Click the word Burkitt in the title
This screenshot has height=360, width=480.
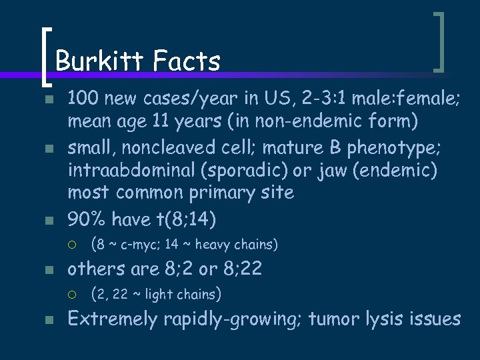100,61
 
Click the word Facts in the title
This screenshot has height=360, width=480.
186,61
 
